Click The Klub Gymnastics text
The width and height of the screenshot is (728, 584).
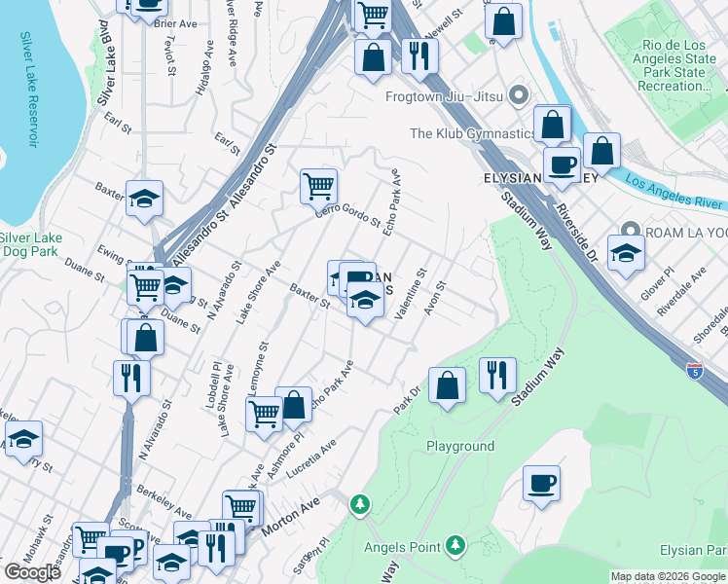pyautogui.click(x=472, y=133)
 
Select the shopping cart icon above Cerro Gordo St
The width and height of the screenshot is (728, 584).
pyautogui.click(x=318, y=185)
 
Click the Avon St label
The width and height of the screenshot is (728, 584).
pyautogui.click(x=434, y=300)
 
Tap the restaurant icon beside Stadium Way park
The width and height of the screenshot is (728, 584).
pyautogui.click(x=497, y=374)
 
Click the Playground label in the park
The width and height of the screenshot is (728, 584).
pyautogui.click(x=460, y=446)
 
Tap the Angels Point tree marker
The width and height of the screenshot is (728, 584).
pyautogui.click(x=454, y=543)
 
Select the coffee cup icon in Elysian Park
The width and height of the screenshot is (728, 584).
pyautogui.click(x=541, y=483)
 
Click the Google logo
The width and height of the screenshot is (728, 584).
pyautogui.click(x=33, y=571)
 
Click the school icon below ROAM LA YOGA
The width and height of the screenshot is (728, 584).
pyautogui.click(x=626, y=253)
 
